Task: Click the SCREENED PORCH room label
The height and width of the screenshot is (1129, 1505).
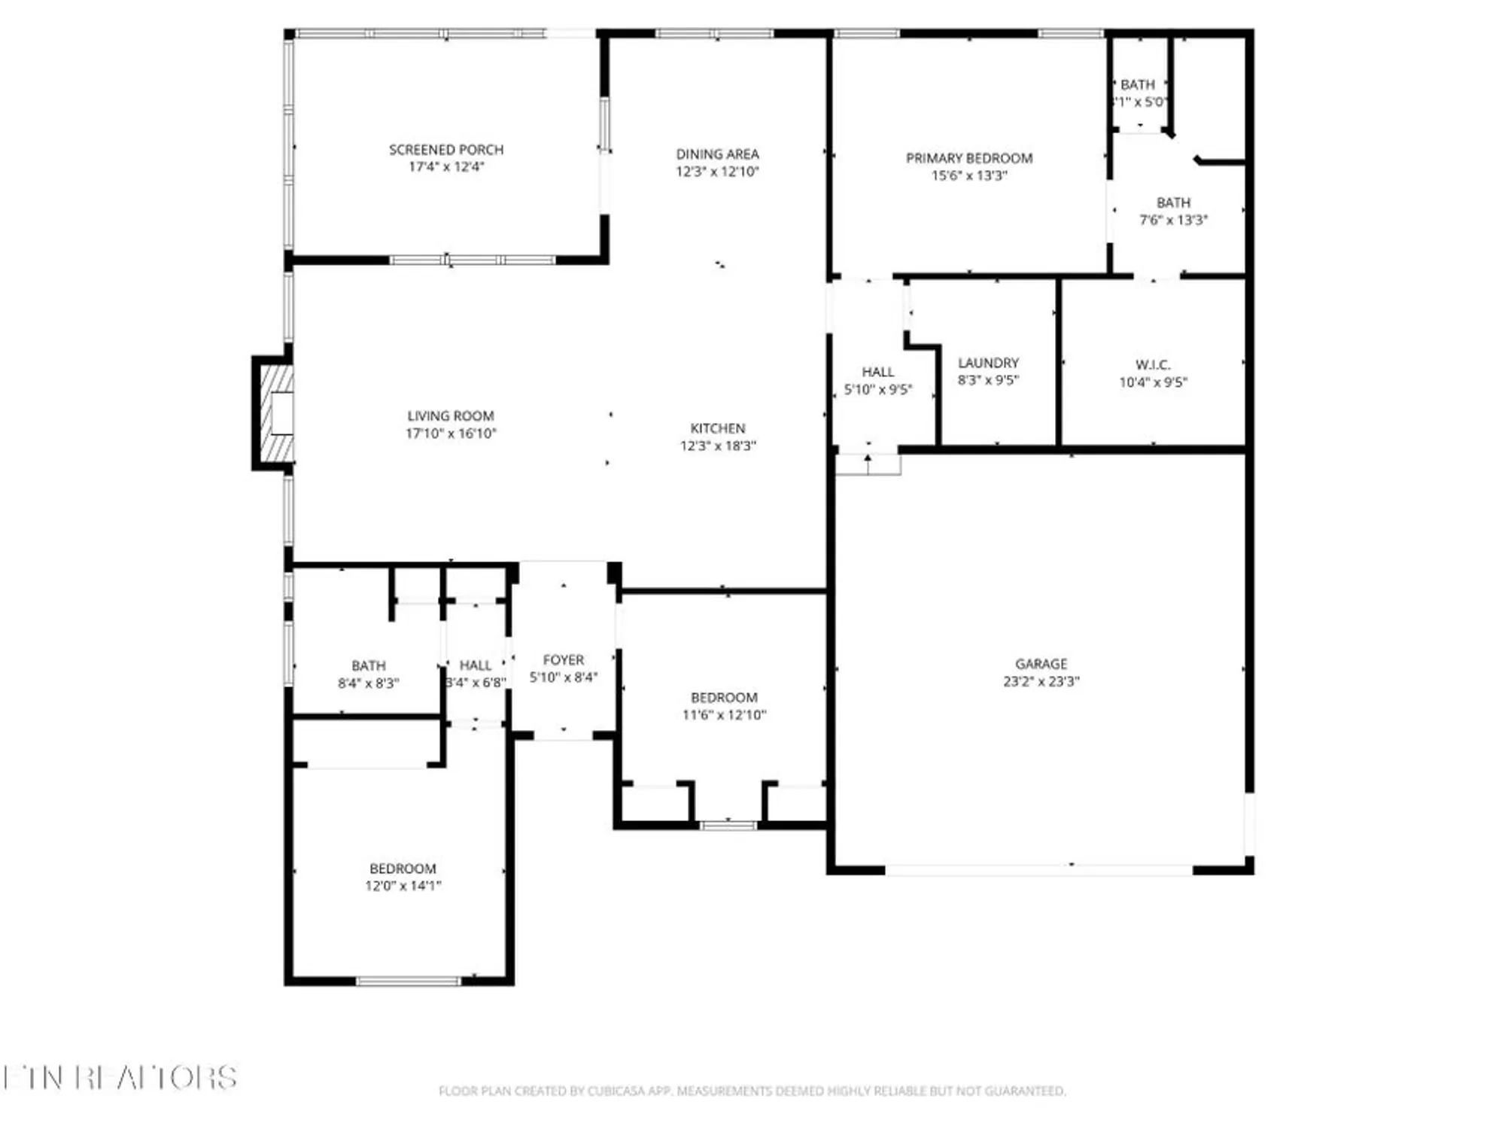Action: pos(446,150)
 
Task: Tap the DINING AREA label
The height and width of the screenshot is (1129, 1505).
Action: pos(717,154)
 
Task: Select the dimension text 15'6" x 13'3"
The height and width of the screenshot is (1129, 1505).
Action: pos(968,175)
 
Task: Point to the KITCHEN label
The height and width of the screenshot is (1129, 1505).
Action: pos(717,428)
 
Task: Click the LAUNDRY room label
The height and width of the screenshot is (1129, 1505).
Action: pos(988,363)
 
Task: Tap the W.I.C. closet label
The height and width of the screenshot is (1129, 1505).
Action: pos(1152,365)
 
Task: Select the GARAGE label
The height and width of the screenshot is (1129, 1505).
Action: pos(1041,664)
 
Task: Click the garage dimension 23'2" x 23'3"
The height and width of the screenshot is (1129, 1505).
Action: pos(1041,681)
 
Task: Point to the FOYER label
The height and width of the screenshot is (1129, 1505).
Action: pos(563,660)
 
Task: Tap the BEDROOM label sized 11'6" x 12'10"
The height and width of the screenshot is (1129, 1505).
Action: pos(724,698)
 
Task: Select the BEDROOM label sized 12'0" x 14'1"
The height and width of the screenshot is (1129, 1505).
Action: pos(403,869)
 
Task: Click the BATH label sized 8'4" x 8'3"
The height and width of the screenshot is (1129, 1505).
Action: pos(368,666)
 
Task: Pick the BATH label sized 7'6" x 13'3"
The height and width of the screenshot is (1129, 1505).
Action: pos(1173,203)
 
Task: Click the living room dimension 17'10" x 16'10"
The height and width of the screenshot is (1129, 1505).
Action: pos(451,434)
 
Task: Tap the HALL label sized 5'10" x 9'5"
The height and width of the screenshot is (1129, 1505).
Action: pos(877,372)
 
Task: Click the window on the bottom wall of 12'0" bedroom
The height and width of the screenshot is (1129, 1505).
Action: pos(408,981)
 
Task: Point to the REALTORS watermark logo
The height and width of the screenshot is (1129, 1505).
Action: pos(120,1078)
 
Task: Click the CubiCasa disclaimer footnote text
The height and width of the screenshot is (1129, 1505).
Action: pos(752,1091)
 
